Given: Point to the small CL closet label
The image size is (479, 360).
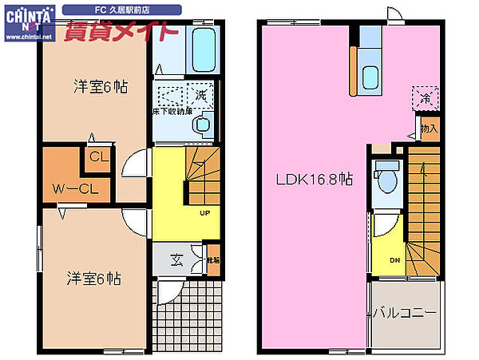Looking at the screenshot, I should pos(99,157).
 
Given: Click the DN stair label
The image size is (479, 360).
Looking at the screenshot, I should pos(394,260).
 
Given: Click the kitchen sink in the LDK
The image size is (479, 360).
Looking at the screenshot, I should pos(370,78).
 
